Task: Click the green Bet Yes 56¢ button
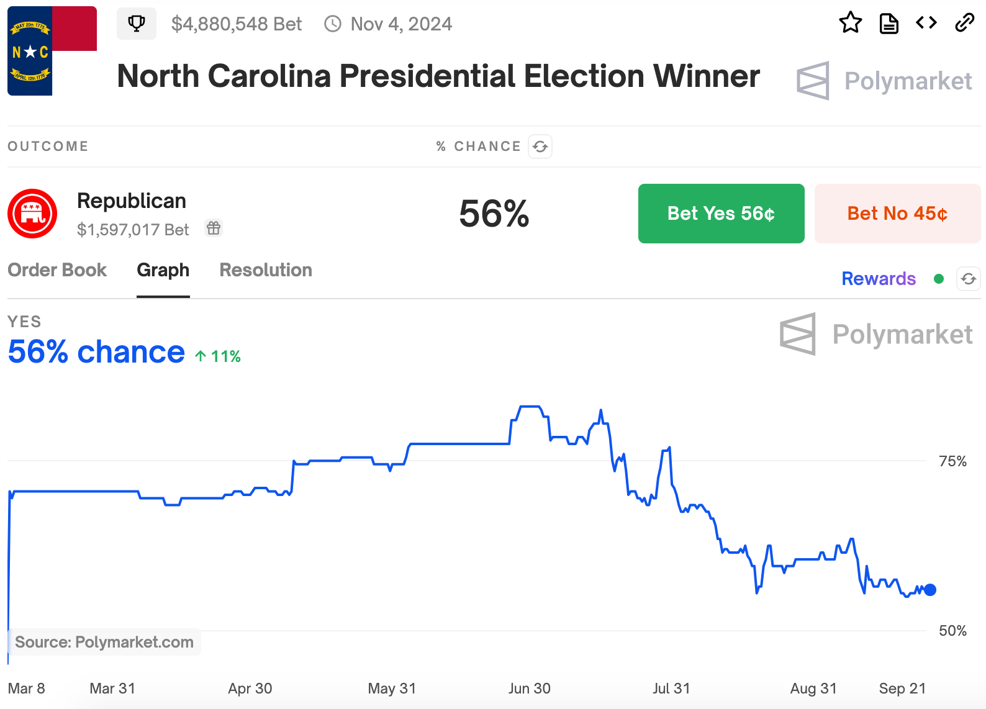[721, 214]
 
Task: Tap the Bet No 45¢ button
[897, 214]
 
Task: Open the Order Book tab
[57, 270]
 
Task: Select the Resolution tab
[266, 270]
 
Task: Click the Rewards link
[878, 279]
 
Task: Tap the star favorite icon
[850, 23]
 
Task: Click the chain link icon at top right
[964, 23]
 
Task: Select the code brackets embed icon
[926, 23]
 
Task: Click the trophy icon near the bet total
[137, 24]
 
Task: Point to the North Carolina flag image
[52, 51]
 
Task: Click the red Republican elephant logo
[32, 214]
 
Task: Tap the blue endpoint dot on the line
[929, 590]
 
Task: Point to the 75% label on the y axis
[952, 461]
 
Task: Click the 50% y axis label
[952, 631]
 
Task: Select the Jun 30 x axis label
[529, 689]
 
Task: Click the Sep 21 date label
[902, 689]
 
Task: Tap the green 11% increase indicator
[218, 356]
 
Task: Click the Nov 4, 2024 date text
[401, 24]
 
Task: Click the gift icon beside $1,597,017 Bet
[214, 228]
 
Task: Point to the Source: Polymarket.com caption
[104, 642]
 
